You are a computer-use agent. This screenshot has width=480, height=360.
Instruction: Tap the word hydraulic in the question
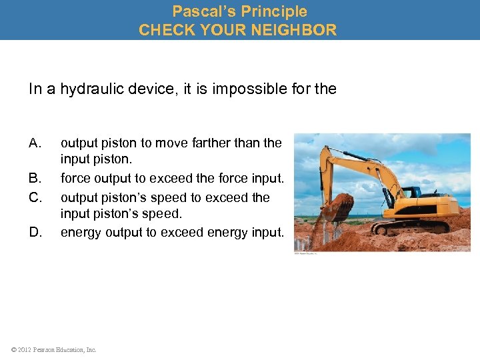point(95,89)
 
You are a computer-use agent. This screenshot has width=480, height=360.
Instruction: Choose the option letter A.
point(35,143)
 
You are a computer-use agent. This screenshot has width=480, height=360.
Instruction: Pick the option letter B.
point(35,179)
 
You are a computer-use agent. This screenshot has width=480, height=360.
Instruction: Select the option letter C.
point(35,197)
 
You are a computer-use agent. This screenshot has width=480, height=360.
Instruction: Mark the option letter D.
point(35,232)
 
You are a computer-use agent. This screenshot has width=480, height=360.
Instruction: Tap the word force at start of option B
point(76,179)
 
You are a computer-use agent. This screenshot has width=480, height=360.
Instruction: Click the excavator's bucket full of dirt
point(337,208)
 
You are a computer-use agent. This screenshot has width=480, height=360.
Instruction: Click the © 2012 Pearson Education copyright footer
point(53,349)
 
